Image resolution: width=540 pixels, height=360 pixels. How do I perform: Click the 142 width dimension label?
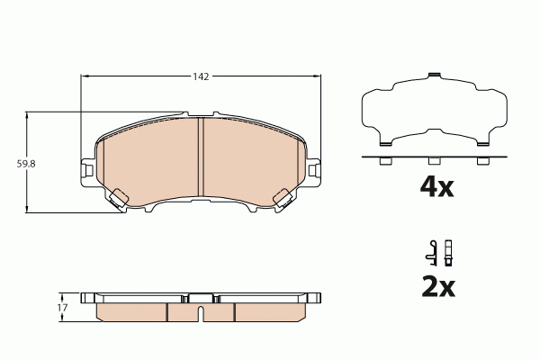[x=201, y=77]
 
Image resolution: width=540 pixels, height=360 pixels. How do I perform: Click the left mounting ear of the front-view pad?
[x=87, y=169]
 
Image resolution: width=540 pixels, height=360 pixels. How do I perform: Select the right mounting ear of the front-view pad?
[x=315, y=169]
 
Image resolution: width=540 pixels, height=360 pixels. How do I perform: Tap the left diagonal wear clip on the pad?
[x=118, y=198]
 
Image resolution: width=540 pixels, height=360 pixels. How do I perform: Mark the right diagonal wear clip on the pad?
[x=284, y=198]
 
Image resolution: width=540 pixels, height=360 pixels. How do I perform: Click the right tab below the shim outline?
[x=482, y=161]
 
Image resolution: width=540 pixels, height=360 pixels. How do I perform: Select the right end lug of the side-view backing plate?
[x=317, y=297]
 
